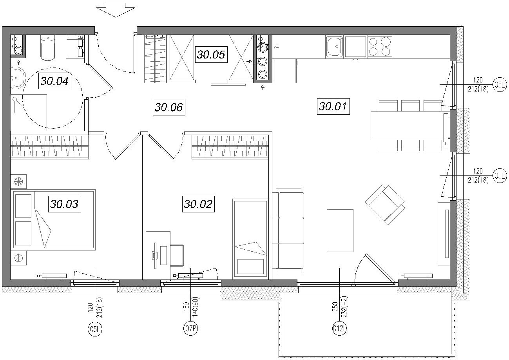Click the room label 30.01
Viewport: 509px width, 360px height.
[333, 106]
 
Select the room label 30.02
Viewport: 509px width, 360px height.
[198, 204]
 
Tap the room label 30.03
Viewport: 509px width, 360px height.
[65, 204]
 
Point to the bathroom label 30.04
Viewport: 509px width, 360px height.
[54, 81]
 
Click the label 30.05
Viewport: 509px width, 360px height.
[211, 55]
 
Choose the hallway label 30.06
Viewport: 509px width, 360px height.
[169, 107]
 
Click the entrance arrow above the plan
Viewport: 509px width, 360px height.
[116, 10]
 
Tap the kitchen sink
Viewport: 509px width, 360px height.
[335, 46]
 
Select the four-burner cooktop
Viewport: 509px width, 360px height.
[380, 47]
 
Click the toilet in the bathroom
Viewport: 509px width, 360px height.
[48, 48]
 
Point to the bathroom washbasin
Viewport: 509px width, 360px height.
[17, 78]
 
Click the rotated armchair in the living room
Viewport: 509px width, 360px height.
[385, 205]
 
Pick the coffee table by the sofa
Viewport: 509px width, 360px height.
[340, 231]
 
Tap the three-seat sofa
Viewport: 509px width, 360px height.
[288, 230]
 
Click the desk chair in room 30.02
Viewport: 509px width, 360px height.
[177, 256]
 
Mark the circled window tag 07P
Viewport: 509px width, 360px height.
[190, 329]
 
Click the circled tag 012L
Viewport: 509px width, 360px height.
[339, 329]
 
